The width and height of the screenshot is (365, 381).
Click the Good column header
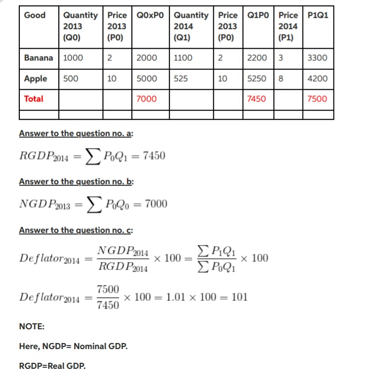coord(34,15)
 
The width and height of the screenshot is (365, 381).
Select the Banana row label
coord(39,58)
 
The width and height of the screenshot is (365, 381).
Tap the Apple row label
coord(35,79)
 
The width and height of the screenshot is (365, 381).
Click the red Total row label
coord(34,99)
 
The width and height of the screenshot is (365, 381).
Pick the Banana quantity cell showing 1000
coord(74,58)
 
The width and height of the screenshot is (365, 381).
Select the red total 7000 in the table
coord(147,99)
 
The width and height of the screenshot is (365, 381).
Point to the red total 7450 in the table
coord(257,99)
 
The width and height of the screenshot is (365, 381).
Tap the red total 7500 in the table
coord(317,99)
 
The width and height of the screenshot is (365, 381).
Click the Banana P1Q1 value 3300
coord(317,58)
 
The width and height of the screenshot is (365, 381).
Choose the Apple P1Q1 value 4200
coord(317,79)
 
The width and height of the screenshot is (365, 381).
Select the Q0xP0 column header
coord(151,15)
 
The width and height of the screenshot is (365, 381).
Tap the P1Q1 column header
coord(318,15)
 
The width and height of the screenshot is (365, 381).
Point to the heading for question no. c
coord(76,231)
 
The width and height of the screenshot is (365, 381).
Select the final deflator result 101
coord(239,297)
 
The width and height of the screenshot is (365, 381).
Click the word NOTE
coord(31,327)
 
